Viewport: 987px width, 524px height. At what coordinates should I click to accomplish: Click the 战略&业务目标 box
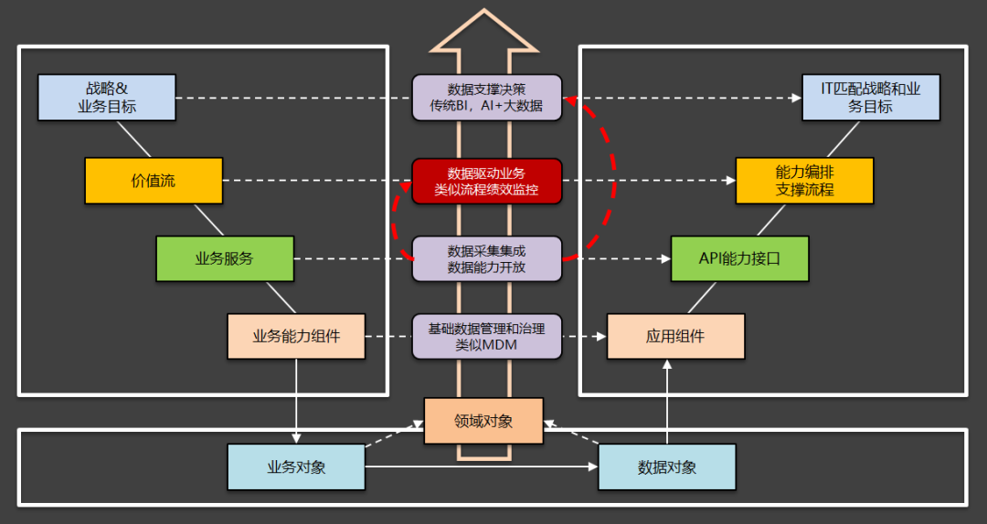[x=107, y=98]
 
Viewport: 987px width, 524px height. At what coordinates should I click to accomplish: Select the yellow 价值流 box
[x=154, y=181]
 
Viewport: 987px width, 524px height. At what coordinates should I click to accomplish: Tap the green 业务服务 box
[x=225, y=258]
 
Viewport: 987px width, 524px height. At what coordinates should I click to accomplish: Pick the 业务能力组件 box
[x=296, y=336]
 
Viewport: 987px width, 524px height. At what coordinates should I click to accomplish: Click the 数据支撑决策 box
[x=486, y=98]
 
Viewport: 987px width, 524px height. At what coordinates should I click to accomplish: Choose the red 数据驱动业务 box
[x=486, y=181]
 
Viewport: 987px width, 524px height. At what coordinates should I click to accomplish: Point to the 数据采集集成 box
[x=486, y=258]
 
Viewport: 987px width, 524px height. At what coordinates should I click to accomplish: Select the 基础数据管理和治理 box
[x=486, y=336]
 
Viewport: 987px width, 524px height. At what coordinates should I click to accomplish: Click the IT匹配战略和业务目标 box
[x=871, y=98]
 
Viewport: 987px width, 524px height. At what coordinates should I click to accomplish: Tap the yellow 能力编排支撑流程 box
[x=804, y=181]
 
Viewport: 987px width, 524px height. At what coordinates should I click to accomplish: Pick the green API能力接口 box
[x=739, y=258]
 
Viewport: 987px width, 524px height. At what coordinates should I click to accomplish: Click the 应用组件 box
[x=675, y=336]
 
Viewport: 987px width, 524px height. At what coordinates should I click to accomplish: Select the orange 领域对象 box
[x=483, y=421]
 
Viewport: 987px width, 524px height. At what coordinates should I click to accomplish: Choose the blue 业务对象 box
[x=296, y=467]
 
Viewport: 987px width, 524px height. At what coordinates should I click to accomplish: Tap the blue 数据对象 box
[x=666, y=467]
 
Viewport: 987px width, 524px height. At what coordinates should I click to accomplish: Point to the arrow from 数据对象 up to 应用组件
[x=666, y=402]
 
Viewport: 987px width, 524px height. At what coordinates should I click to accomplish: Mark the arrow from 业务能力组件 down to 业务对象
[x=297, y=402]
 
